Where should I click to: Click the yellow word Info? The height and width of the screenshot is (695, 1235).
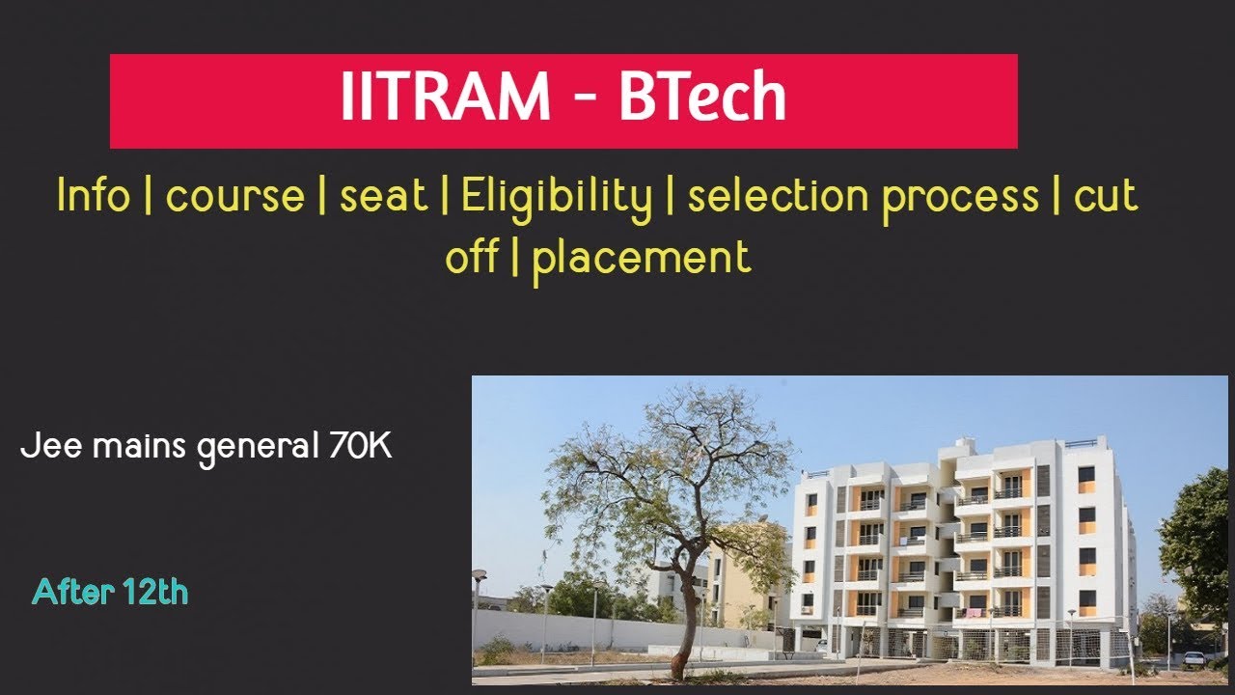(93, 196)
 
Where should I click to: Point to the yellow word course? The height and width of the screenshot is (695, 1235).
(234, 198)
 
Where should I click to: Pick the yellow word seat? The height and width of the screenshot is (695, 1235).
(383, 197)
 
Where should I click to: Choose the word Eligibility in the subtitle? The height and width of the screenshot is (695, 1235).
(557, 198)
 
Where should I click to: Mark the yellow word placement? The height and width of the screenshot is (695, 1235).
(641, 259)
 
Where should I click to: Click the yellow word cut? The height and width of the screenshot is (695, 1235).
(1106, 197)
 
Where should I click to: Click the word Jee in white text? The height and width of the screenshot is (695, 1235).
(45, 448)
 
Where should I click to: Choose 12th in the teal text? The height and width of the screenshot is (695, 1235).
(154, 592)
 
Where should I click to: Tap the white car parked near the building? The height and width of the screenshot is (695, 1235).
(1194, 659)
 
